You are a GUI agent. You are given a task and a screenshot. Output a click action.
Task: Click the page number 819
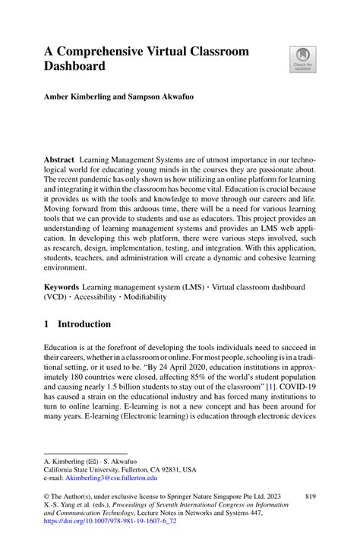tap(310, 497)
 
